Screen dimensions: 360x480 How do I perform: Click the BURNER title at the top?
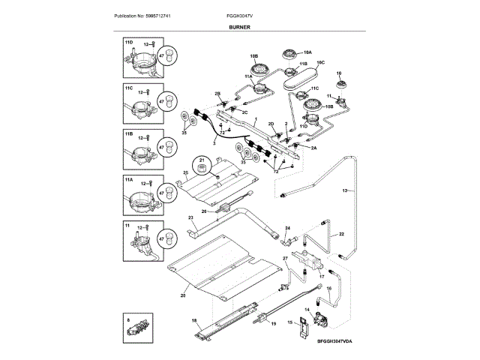(x=241, y=27)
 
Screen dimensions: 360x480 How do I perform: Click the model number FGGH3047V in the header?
(x=240, y=16)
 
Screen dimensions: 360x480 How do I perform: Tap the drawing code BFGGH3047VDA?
(x=333, y=340)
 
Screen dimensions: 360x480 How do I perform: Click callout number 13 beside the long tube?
(x=346, y=192)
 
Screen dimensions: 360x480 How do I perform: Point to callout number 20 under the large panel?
(x=182, y=295)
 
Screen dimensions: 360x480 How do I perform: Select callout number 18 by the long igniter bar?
(x=194, y=321)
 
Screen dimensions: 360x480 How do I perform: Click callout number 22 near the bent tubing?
(x=341, y=235)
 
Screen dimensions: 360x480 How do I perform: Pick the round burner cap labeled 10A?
(x=286, y=53)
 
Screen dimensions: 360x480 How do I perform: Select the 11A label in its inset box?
(x=128, y=180)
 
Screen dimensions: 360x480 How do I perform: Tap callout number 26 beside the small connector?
(x=203, y=211)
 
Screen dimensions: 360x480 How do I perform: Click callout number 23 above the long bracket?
(x=190, y=217)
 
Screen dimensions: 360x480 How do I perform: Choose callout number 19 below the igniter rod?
(x=273, y=323)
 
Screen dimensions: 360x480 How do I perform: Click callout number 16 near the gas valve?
(x=328, y=298)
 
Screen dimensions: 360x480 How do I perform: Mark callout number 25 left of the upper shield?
(x=185, y=172)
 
